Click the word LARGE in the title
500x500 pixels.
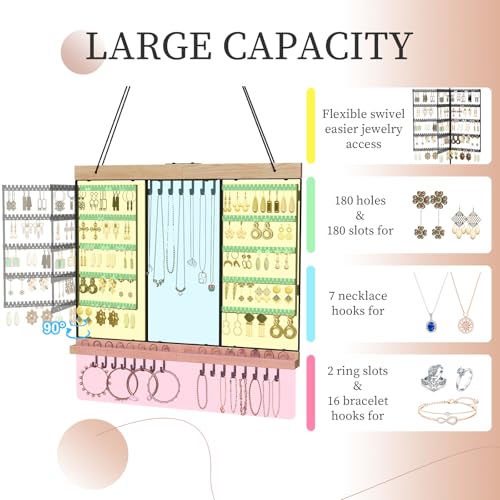149,46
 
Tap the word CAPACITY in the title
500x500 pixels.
318,46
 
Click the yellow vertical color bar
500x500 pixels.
311,126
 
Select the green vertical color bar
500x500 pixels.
311,215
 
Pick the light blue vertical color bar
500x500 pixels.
311,304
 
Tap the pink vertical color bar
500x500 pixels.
311,393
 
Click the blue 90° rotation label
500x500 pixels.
54,328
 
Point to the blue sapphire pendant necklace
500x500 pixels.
431,302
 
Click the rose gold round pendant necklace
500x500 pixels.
466,303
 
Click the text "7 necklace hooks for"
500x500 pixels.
358,303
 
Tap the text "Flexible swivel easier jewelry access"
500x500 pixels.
363,129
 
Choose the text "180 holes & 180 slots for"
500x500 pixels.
360,215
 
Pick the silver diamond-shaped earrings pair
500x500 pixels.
466,222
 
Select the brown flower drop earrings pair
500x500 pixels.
430,215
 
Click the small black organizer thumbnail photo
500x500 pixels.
447,126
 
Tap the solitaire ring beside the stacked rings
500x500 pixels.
465,378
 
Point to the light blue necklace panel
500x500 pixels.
183,261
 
